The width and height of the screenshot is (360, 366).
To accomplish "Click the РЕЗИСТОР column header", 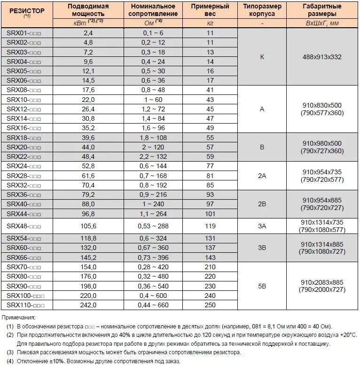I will tap(27, 10).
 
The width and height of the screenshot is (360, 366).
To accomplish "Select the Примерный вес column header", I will tap(210, 10).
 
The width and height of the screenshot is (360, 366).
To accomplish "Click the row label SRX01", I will tap(24, 33).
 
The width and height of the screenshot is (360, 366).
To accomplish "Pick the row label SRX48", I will tap(24, 226).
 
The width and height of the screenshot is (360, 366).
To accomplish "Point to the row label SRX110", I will tap(26, 305).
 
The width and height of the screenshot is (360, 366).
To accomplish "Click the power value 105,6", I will tap(88, 226).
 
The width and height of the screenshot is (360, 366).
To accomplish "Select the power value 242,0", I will tap(88, 305).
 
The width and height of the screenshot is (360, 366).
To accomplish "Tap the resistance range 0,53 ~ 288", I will tap(153, 226).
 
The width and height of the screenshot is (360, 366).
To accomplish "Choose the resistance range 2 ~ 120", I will tap(153, 147).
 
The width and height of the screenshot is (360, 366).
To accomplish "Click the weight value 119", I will tap(210, 226).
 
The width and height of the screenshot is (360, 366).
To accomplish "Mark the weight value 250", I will tap(210, 305).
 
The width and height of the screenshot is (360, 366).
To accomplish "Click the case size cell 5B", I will tap(262, 285).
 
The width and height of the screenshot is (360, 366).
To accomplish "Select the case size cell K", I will tap(262, 57).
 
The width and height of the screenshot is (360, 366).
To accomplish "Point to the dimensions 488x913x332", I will tap(322, 57).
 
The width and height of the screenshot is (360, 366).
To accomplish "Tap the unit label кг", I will tap(210, 23).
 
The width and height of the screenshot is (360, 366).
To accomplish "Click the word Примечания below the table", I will tap(21, 318).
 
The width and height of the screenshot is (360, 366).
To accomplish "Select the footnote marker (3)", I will tap(10, 352).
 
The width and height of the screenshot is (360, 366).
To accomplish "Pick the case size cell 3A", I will tap(262, 226).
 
